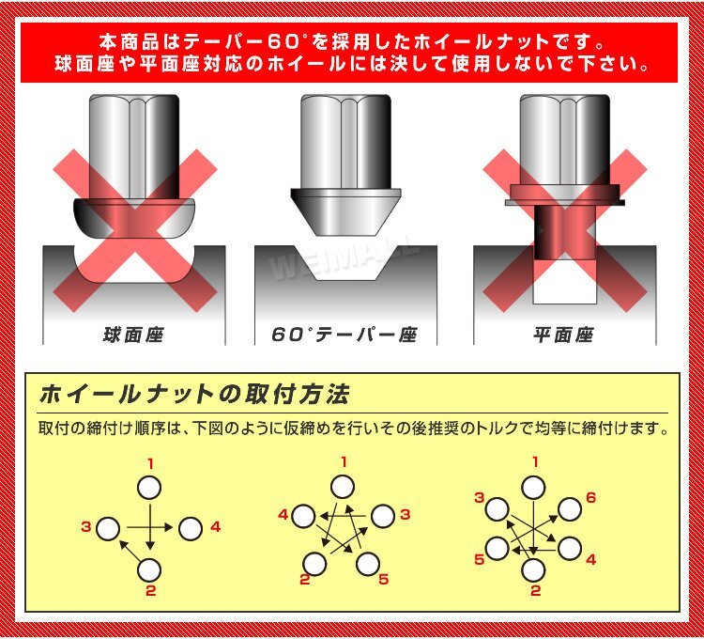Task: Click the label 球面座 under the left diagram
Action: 133,335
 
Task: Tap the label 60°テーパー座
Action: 344,335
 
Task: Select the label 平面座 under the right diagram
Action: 564,335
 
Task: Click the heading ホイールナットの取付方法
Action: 194,395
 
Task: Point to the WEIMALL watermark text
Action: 344,259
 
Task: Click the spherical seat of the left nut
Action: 134,218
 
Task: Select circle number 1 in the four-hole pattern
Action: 149,488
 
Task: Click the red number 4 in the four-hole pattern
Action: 216,526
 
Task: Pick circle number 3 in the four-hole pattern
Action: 108,528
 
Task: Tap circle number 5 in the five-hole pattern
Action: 368,563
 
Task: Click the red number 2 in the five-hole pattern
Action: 305,579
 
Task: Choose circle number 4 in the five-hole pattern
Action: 303,516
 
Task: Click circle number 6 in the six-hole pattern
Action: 570,509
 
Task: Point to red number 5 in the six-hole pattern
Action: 480,559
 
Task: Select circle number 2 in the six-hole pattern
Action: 534,570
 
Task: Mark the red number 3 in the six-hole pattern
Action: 480,498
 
